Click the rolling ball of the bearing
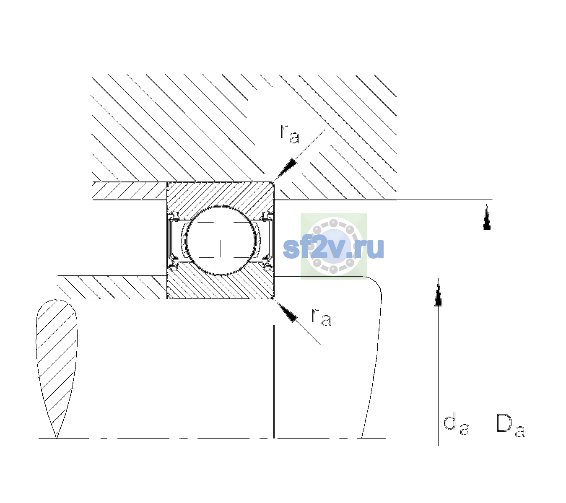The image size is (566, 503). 221,241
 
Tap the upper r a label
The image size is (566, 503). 290,134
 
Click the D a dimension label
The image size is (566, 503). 511,425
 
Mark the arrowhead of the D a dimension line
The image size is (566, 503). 487,216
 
